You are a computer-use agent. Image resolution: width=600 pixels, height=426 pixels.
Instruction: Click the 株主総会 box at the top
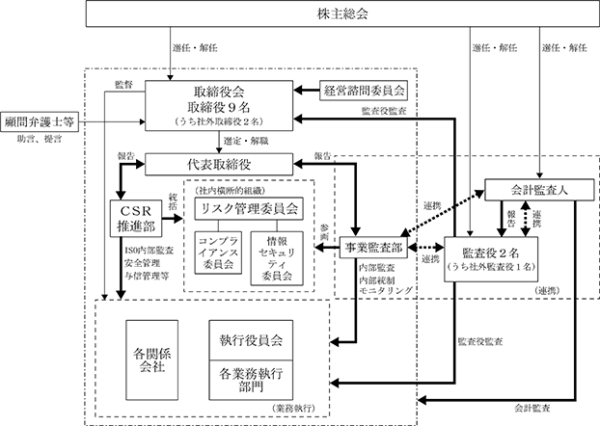click(x=342, y=13)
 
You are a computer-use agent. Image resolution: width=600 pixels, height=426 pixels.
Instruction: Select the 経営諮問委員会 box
click(x=364, y=91)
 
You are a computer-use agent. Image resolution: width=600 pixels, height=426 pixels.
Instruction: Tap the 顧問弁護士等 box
click(x=40, y=122)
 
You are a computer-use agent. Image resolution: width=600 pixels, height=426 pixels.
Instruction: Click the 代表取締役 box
click(x=219, y=165)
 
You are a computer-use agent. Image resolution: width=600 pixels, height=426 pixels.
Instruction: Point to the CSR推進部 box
click(x=136, y=219)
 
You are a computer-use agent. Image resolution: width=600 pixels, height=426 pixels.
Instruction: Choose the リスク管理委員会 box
click(x=249, y=209)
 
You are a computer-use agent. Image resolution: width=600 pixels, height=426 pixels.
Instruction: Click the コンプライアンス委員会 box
click(x=218, y=253)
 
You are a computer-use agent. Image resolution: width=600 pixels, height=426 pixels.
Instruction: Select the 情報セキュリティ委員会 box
click(x=277, y=258)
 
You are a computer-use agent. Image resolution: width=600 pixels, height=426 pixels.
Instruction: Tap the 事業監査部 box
click(x=373, y=248)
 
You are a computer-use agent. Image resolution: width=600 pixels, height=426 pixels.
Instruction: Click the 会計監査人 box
click(x=539, y=190)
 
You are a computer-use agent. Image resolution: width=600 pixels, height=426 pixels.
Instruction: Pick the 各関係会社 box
click(x=152, y=360)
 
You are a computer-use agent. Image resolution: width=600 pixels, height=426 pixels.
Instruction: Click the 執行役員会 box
click(x=251, y=340)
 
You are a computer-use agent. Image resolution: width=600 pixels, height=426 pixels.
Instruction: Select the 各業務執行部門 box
click(x=251, y=380)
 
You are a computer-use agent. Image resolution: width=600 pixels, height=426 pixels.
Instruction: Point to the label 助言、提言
click(x=40, y=139)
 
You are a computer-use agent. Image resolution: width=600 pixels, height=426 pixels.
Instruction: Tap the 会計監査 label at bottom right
click(x=532, y=408)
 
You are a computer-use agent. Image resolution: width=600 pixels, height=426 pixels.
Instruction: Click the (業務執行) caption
click(x=294, y=408)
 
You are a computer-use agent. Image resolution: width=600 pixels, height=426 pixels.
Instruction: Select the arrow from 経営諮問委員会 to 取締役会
click(x=307, y=91)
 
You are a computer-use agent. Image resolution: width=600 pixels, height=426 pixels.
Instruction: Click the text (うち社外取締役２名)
click(x=219, y=121)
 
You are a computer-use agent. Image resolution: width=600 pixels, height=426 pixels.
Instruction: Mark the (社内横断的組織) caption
click(x=230, y=190)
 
